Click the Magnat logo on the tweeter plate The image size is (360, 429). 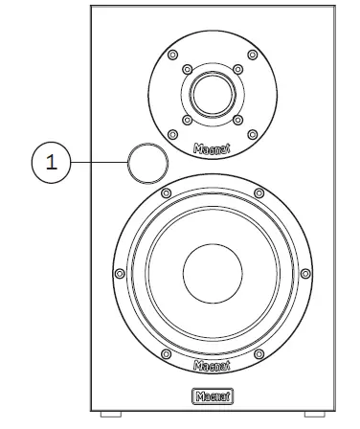click(x=212, y=150)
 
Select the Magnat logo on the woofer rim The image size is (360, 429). click(x=211, y=365)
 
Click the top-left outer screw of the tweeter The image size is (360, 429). click(x=171, y=55)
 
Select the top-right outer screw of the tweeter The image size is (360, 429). click(x=251, y=55)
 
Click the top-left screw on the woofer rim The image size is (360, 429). click(x=165, y=193)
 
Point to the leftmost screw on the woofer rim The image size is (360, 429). click(x=119, y=273)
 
